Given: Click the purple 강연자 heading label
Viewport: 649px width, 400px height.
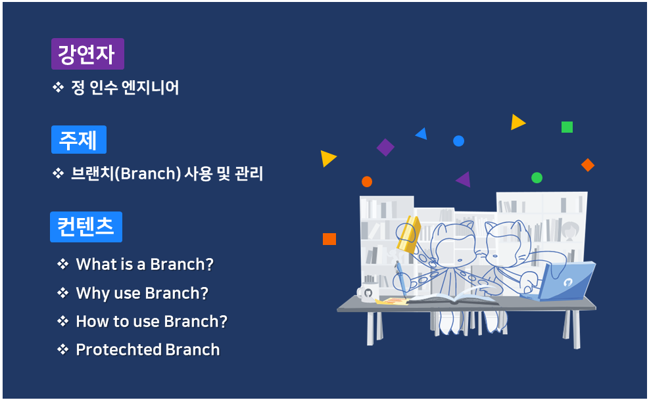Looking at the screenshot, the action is tap(87, 54).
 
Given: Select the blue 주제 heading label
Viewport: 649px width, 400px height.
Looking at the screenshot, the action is tap(79, 139).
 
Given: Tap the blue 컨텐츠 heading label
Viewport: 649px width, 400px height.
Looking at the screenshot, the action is tap(86, 227).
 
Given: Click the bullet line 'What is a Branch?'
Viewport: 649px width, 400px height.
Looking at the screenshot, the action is tap(145, 264).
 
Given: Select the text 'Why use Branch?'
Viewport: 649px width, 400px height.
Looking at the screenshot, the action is tap(142, 293).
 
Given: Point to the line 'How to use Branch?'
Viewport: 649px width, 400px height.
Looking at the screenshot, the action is tap(151, 321).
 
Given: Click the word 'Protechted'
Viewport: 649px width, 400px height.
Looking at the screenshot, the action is tap(118, 349).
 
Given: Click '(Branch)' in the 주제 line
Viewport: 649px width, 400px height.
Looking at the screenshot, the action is tap(148, 173).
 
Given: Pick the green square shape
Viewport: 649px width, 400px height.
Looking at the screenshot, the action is tap(567, 127).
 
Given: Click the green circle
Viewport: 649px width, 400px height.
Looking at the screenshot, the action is tap(537, 178).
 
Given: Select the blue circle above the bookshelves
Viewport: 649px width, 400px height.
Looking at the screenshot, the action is tap(458, 141).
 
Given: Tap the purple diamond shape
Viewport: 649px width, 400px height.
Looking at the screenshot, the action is tap(385, 147).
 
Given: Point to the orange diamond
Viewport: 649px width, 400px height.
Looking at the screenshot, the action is tap(588, 165).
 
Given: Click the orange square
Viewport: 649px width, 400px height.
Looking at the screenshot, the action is tap(329, 239).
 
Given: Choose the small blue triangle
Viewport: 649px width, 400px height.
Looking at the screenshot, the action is tap(421, 134).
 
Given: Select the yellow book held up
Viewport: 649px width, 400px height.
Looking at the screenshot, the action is tap(410, 234).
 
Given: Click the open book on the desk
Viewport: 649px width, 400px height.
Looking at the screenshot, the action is tap(453, 299).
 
